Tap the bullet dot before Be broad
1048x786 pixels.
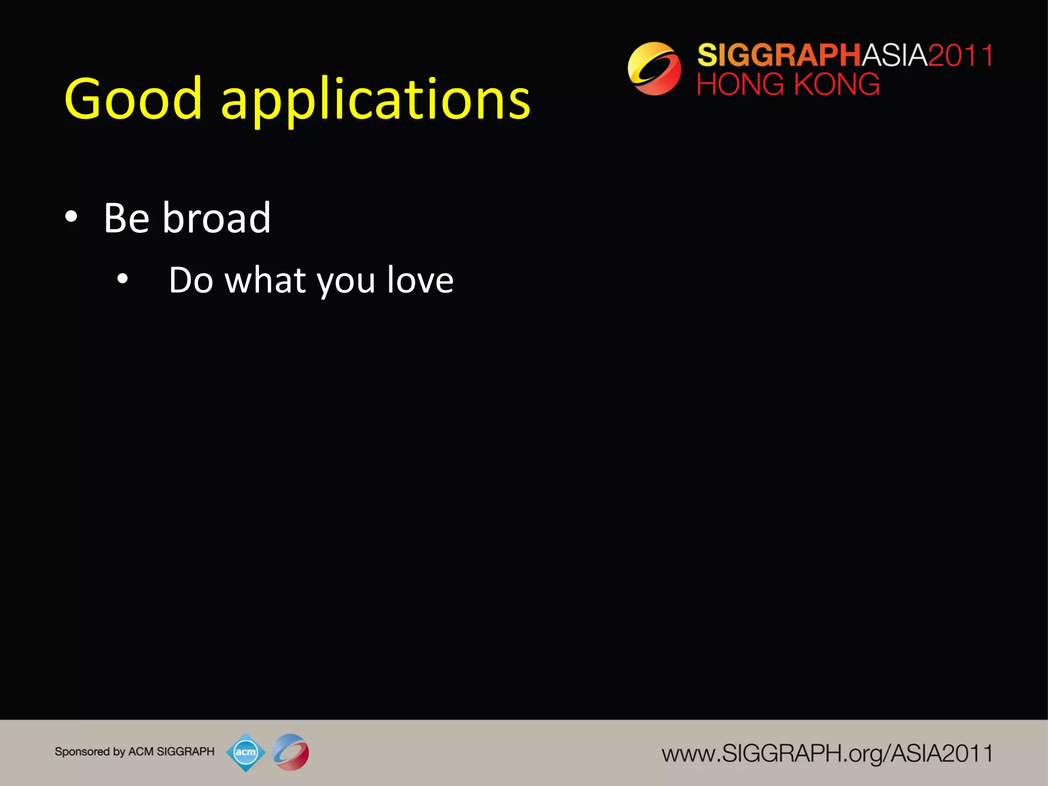(71, 217)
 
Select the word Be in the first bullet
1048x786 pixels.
(126, 218)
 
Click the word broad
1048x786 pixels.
(216, 218)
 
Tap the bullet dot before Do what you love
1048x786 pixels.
(122, 279)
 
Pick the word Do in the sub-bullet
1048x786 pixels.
(191, 280)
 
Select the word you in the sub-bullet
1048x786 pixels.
(346, 282)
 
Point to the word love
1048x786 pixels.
(420, 280)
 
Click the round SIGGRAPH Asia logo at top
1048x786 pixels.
(654, 69)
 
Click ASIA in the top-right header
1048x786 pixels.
(894, 55)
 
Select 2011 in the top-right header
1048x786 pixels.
(960, 55)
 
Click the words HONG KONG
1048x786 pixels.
(788, 84)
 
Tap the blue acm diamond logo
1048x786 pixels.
(246, 752)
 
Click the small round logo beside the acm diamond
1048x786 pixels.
(291, 752)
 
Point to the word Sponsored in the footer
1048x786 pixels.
(82, 752)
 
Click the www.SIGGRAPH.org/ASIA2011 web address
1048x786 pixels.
(827, 754)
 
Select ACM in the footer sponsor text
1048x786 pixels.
(141, 752)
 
